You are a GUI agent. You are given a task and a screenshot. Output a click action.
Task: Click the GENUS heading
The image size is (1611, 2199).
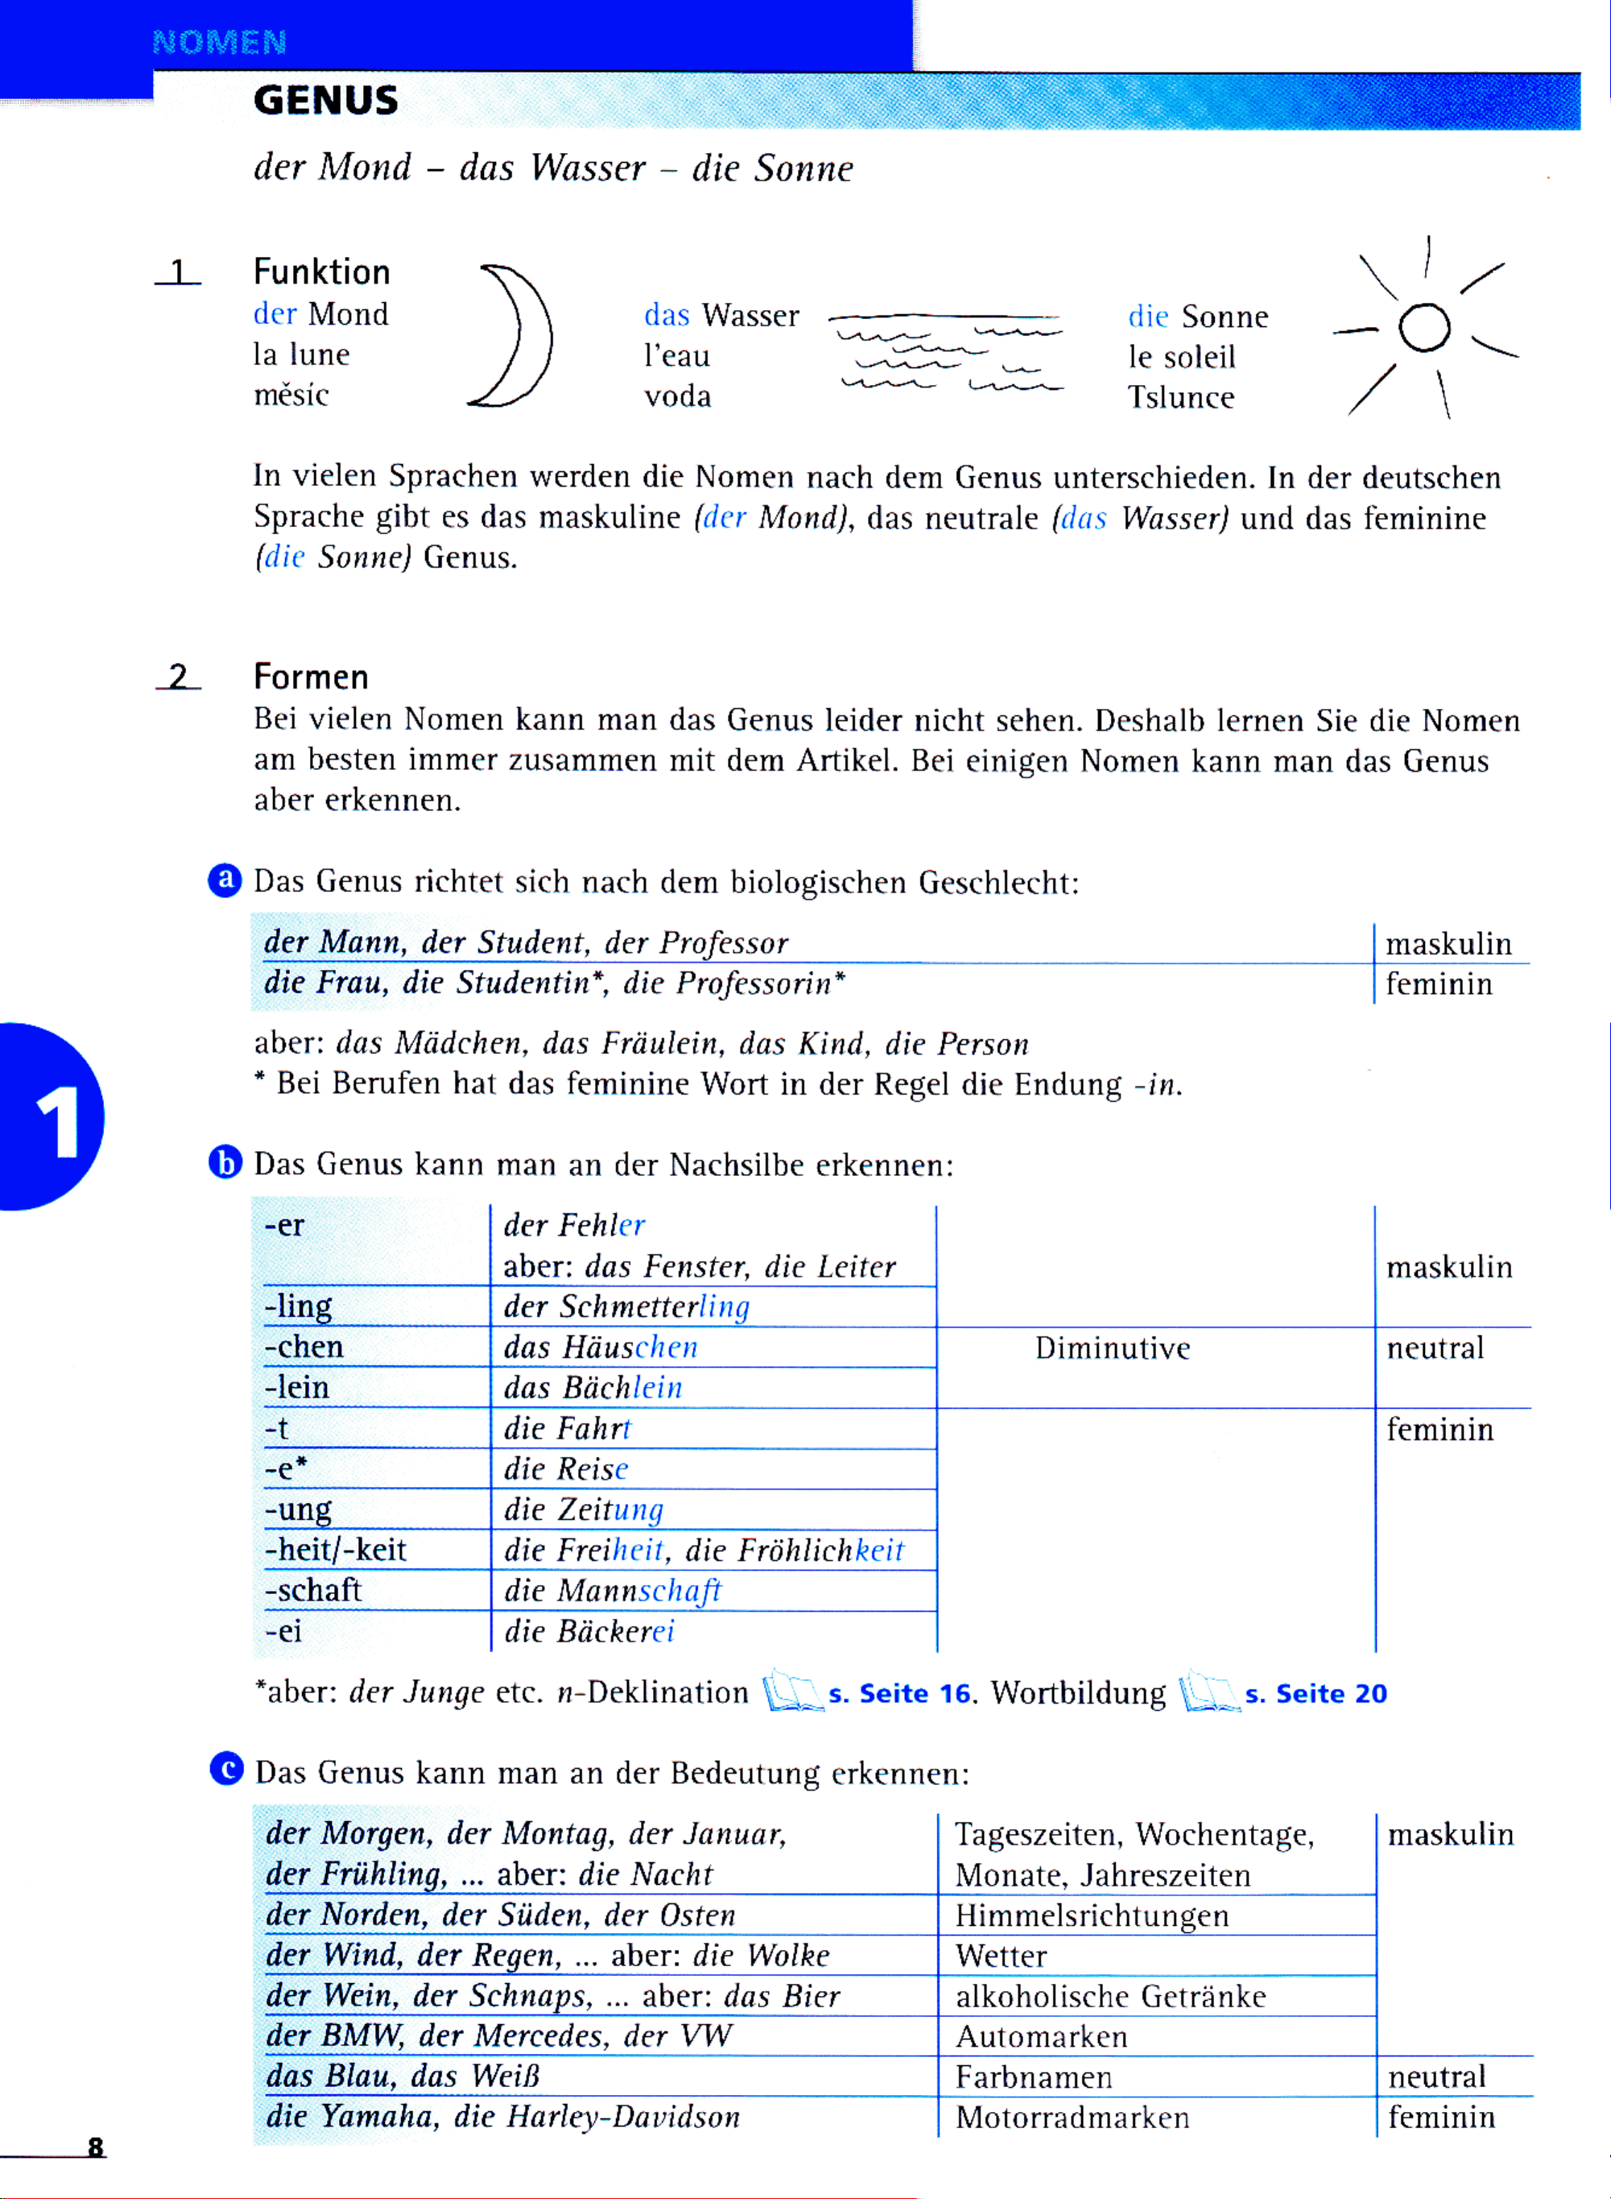point(326,101)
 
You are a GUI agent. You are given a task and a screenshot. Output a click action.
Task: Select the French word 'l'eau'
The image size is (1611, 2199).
point(677,356)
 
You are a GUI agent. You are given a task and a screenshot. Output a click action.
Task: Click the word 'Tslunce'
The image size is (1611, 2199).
point(1181,397)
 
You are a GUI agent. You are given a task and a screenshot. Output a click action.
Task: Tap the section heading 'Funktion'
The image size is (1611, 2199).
point(322,271)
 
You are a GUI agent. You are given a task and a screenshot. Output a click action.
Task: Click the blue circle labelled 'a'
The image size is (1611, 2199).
point(225,880)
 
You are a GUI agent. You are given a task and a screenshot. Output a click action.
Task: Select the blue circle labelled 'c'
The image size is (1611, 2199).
point(226,1768)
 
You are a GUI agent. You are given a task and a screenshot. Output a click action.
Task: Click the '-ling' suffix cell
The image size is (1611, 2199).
point(299,1307)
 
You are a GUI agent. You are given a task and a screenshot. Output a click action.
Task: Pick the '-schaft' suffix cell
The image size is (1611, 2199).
point(313,1590)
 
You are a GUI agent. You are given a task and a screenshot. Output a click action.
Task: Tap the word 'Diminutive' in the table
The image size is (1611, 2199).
point(1113,1348)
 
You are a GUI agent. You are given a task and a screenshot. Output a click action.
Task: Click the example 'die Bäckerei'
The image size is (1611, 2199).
point(589,1631)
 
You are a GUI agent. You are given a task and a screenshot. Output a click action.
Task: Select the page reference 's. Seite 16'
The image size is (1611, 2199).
point(900,1694)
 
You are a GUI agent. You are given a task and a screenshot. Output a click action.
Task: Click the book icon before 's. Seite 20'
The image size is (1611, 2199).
point(1209,1692)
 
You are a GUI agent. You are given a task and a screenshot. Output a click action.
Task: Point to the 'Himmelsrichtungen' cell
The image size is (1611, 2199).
point(1091,1915)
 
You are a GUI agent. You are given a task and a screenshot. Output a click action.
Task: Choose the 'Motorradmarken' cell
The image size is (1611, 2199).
point(1072,2117)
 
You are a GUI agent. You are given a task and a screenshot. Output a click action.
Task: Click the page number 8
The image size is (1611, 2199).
point(96,2147)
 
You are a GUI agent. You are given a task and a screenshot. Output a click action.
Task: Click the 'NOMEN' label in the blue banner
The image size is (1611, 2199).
point(220,42)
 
